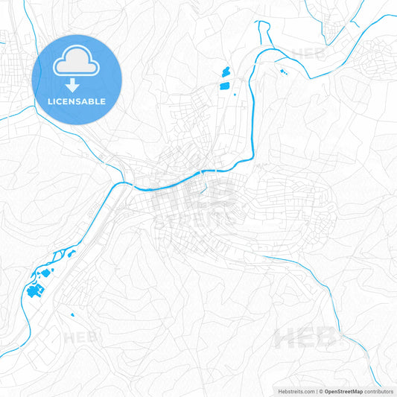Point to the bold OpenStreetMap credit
pyautogui.click(x=343, y=391)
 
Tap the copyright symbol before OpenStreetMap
pyautogui.click(x=321, y=391)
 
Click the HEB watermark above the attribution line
pyautogui.click(x=305, y=339)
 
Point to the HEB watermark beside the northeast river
pyautogui.click(x=305, y=54)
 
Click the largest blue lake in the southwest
pyautogui.click(x=34, y=291)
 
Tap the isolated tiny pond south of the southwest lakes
pyautogui.click(x=73, y=314)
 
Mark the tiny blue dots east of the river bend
pyautogui.click(x=282, y=72)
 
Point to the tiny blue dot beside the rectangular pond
pyautogui.click(x=236, y=93)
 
